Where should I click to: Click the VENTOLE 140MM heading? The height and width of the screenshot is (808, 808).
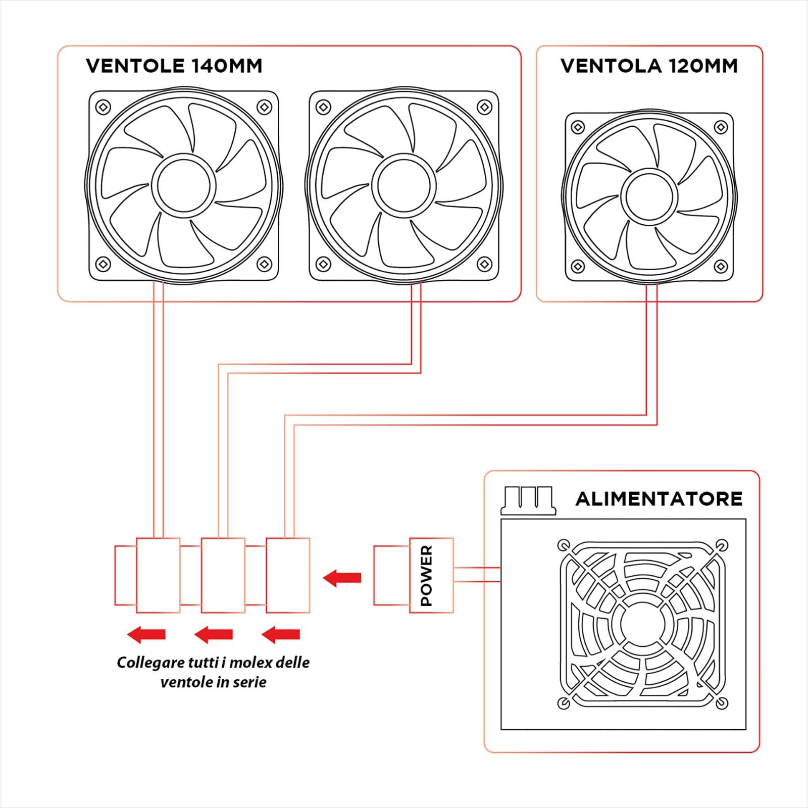pyautogui.click(x=174, y=66)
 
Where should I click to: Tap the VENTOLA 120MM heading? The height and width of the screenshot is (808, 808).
pyautogui.click(x=649, y=66)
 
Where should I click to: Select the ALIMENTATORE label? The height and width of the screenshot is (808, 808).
pyautogui.click(x=659, y=499)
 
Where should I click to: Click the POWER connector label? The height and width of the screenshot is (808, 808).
pyautogui.click(x=427, y=576)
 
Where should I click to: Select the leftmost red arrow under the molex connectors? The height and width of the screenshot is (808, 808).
pyautogui.click(x=146, y=634)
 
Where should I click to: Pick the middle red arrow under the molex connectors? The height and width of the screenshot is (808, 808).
pyautogui.click(x=214, y=634)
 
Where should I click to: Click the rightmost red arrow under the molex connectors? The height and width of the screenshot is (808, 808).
pyautogui.click(x=281, y=634)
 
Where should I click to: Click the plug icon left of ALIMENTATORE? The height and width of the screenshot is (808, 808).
pyautogui.click(x=528, y=500)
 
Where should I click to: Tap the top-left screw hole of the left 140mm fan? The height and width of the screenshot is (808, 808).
pyautogui.click(x=104, y=107)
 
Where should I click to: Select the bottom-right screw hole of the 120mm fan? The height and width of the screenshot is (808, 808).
pyautogui.click(x=720, y=266)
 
